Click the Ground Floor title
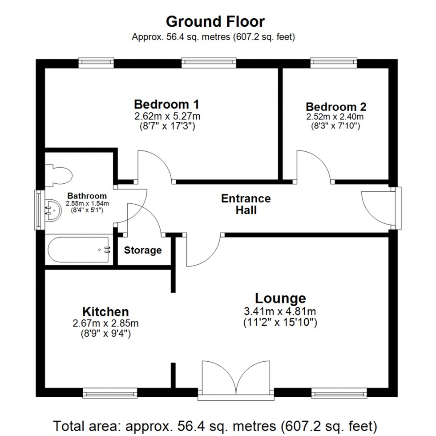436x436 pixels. coord(215,21)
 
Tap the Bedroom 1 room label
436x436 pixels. coord(166,105)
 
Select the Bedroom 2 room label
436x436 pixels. coord(336,107)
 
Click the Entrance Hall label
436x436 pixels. coord(246,204)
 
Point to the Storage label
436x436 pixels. coord(142,250)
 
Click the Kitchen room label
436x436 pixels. coord(105,312)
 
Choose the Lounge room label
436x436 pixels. coord(280,298)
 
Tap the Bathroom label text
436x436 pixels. coord(87,196)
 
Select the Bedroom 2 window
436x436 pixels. coord(334,63)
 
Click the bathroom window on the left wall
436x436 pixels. coord(40,210)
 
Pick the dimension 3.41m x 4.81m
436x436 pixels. coord(280,311)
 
